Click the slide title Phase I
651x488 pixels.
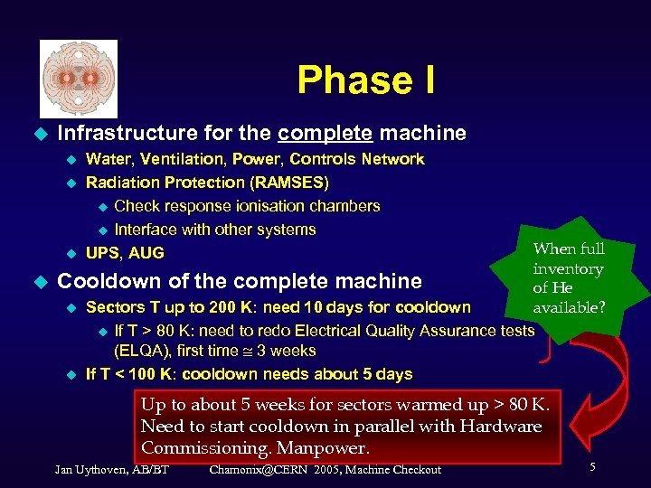[365, 80]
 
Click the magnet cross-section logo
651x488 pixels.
[79, 79]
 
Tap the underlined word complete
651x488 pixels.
[325, 134]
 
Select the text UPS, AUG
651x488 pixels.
[125, 253]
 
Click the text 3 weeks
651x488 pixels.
[286, 351]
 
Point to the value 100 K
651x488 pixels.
[166, 374]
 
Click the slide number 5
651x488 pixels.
[592, 467]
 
